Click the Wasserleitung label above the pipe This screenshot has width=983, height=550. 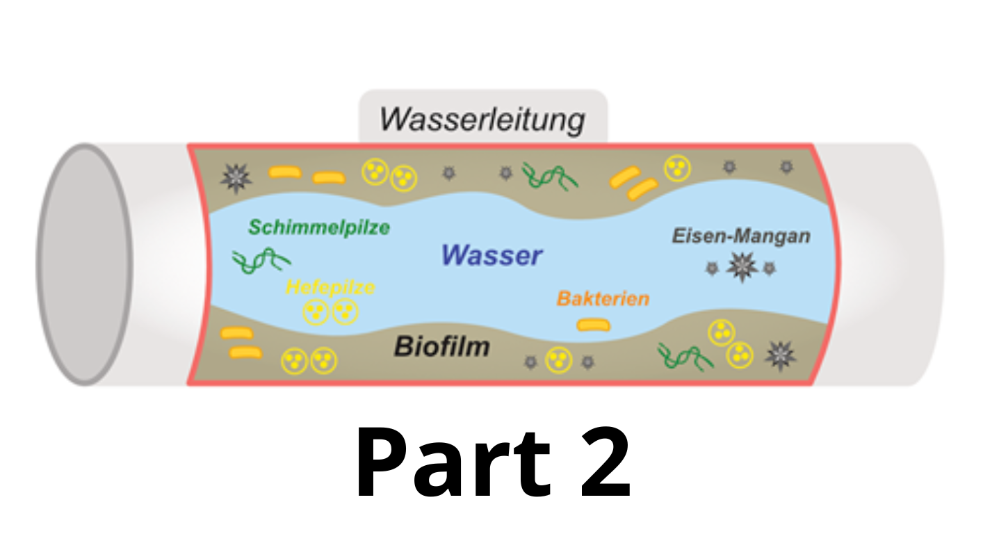[x=482, y=120]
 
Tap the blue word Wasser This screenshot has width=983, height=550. [x=491, y=256]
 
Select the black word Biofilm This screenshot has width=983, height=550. [x=442, y=346]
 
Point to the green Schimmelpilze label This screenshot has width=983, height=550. [x=319, y=227]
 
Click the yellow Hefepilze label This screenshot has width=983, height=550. [x=330, y=287]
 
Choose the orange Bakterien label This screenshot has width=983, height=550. [x=603, y=299]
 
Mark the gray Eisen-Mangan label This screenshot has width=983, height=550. [x=741, y=236]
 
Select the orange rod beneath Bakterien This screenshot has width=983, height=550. [x=594, y=324]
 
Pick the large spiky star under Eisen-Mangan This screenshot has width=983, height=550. [x=741, y=267]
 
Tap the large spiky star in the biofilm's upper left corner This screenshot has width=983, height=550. [x=236, y=178]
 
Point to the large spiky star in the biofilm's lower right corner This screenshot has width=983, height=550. [x=780, y=355]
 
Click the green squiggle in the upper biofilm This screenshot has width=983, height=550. [x=549, y=176]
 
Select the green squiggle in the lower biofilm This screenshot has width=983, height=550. [x=685, y=357]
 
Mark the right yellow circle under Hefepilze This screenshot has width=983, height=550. [x=345, y=312]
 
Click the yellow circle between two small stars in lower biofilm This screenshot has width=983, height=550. [x=558, y=359]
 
